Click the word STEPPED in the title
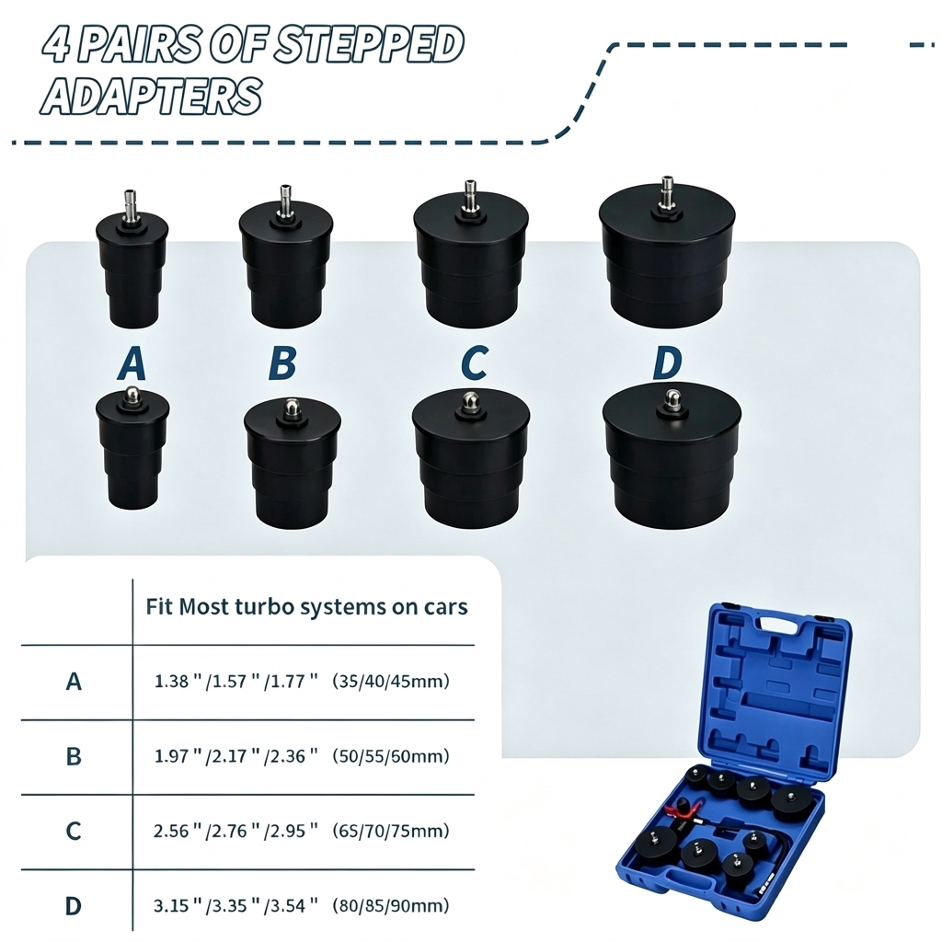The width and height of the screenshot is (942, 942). tap(368, 45)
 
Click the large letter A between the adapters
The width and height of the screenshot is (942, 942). tap(132, 363)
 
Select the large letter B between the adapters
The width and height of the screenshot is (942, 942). tap(283, 363)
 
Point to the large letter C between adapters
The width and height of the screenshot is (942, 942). tap(475, 363)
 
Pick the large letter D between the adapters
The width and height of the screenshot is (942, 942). tap(668, 363)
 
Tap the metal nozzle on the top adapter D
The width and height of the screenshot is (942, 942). tap(666, 192)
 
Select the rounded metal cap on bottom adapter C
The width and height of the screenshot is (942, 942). tap(470, 401)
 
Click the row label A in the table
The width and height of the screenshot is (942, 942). tap(74, 682)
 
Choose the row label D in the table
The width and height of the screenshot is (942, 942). tap(73, 905)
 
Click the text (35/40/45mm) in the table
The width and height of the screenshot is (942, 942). tap(391, 682)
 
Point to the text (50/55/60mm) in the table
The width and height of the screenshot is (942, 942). tap(391, 756)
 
